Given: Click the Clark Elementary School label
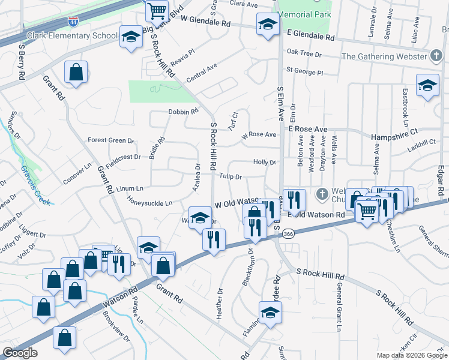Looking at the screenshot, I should [72, 35].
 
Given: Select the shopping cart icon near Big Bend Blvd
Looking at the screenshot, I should [157, 10].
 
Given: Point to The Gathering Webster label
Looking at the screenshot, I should [384, 56].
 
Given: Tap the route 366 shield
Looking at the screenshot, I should [288, 233].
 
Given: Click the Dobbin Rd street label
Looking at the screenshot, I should [183, 112].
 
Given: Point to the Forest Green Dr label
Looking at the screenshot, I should [111, 140].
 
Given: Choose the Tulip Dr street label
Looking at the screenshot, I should [230, 176].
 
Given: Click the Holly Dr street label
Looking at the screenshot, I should [264, 162].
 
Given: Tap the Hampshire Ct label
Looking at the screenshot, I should [394, 136].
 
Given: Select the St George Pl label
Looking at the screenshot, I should [304, 71].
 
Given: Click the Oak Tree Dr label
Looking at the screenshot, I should [304, 54].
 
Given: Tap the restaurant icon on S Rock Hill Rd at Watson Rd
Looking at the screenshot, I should [214, 240].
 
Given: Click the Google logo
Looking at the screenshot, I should [20, 353].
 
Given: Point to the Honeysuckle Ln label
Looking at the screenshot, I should [152, 203].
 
